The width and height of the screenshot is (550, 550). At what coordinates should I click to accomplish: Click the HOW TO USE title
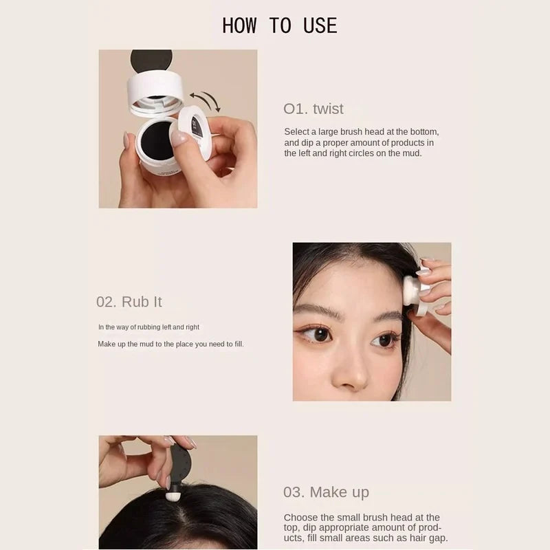[279, 26]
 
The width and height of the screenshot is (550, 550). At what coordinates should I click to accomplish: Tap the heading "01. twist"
[313, 109]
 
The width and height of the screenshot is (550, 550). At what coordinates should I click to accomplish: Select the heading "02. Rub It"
[129, 302]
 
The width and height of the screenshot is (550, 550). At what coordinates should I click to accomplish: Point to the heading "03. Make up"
[325, 492]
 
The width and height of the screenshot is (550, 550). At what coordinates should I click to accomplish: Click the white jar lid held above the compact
[155, 91]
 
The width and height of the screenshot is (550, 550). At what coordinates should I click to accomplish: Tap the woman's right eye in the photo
[317, 333]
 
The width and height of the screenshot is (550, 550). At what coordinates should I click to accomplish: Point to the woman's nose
[353, 371]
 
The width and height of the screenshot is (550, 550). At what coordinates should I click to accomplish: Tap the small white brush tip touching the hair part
[174, 494]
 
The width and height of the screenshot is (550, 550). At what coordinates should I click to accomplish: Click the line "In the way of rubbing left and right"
[148, 327]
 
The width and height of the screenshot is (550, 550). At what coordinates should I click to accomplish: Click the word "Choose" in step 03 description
[300, 518]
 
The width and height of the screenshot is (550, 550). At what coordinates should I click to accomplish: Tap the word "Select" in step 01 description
[297, 131]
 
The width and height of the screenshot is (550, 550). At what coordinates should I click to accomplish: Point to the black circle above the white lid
[151, 60]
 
